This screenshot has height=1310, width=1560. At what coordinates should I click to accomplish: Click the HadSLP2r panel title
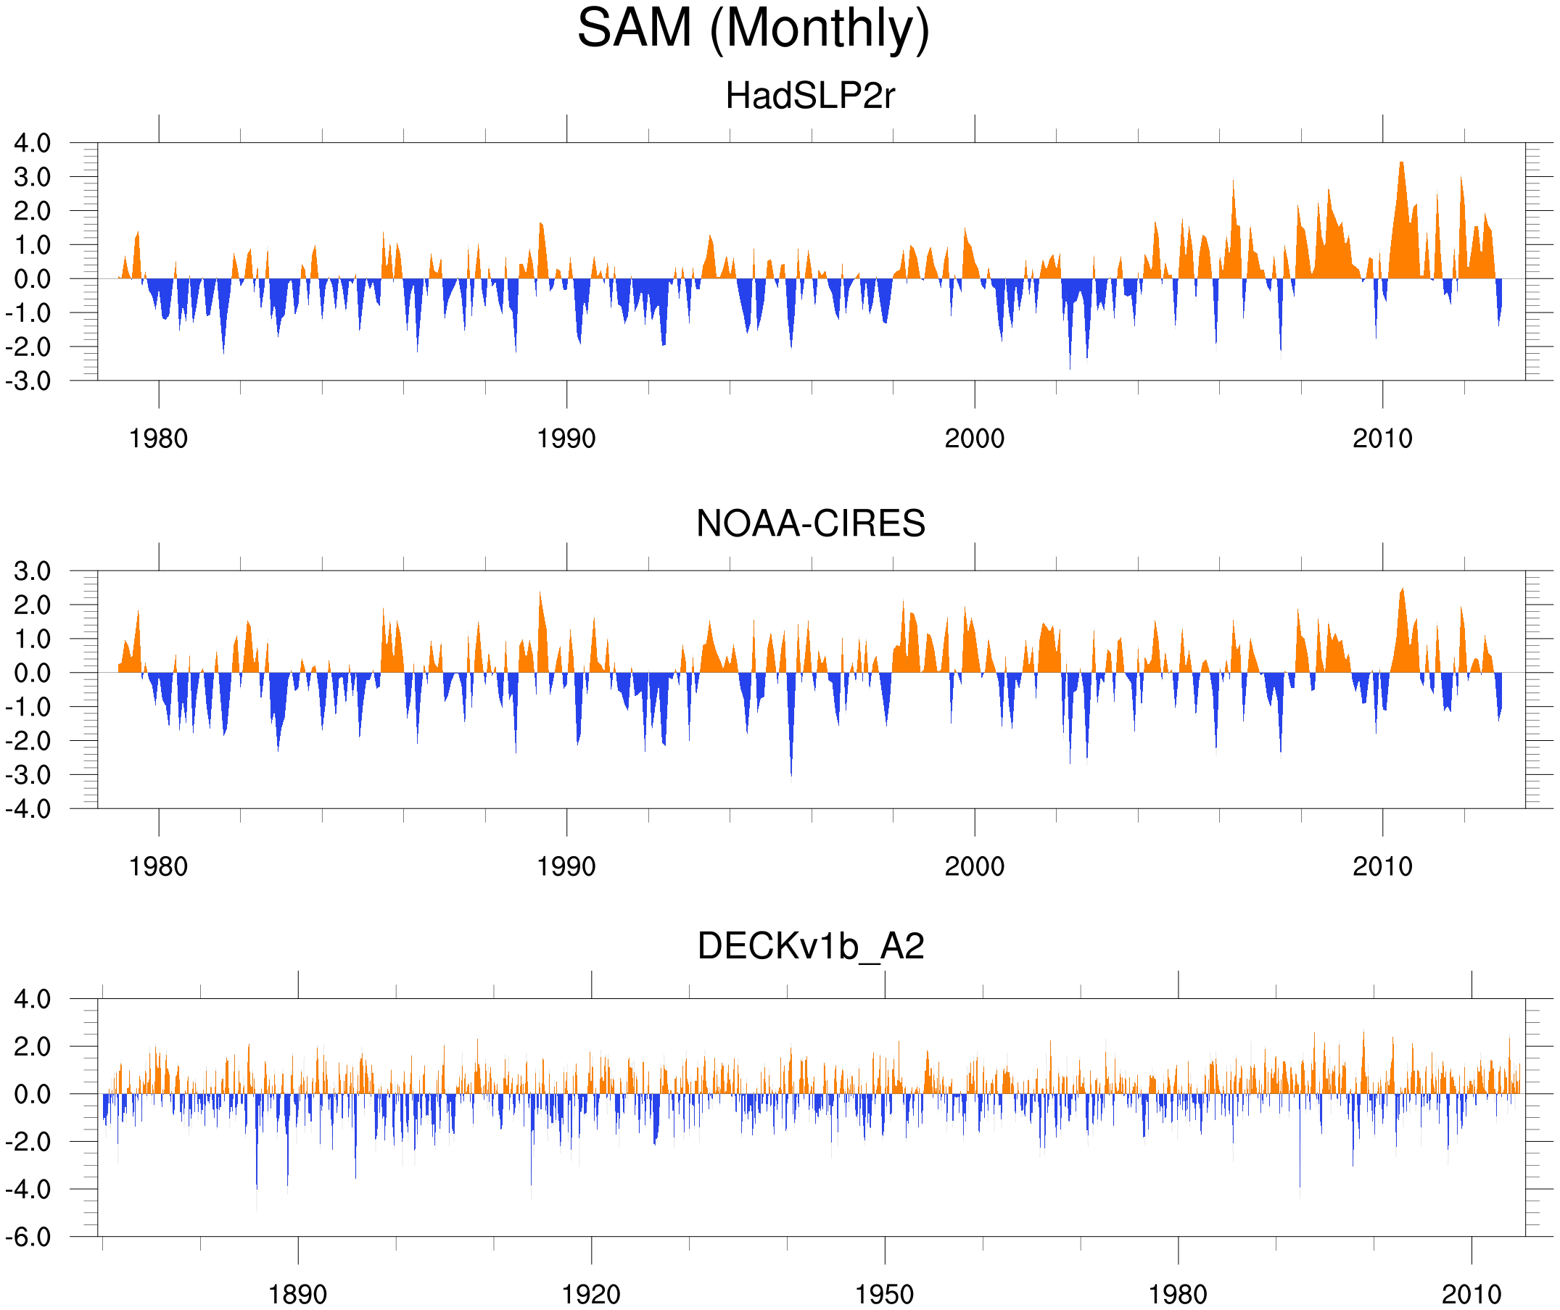809,96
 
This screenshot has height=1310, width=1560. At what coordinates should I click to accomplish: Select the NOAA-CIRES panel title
810,523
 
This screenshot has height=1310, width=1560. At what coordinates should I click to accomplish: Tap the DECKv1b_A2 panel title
810,946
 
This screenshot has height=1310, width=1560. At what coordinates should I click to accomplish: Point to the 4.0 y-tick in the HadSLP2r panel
33,143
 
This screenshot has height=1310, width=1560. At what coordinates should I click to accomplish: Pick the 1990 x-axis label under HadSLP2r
566,439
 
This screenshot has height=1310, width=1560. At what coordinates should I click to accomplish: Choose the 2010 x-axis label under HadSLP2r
1382,439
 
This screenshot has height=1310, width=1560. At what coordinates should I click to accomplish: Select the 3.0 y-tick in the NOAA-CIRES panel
33,571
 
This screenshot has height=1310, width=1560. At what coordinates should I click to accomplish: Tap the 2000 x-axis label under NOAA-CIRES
974,866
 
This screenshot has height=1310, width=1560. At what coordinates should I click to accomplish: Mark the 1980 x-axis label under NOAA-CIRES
158,866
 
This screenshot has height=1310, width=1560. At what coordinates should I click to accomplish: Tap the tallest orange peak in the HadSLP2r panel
1401,163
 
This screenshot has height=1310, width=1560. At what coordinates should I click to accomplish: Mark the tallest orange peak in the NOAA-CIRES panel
1402,590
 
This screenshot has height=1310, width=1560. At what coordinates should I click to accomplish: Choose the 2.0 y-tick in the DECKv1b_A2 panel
33,1046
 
